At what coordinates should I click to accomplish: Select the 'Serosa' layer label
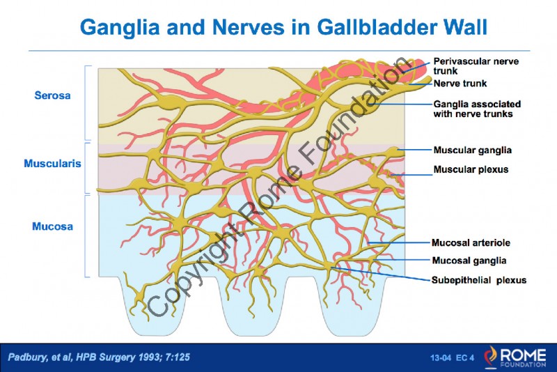[52, 95]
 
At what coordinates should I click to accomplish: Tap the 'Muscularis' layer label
[53, 164]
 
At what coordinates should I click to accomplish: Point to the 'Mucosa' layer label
[52, 226]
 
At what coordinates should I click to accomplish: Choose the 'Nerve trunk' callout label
[459, 84]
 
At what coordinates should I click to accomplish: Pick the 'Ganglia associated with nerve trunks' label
[477, 109]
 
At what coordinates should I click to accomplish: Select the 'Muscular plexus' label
[471, 169]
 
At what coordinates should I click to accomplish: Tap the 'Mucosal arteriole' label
[471, 243]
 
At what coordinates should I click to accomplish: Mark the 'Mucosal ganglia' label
[469, 261]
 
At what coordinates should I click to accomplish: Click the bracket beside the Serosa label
[86, 102]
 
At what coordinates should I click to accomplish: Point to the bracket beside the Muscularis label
[86, 168]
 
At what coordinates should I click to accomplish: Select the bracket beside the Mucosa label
[86, 235]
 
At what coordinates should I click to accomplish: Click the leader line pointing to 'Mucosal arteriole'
[400, 243]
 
